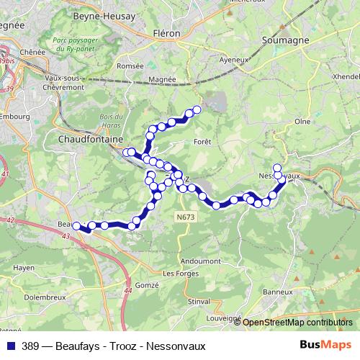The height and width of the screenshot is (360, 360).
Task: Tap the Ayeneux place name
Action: (233, 60)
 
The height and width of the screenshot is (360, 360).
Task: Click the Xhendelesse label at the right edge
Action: (347, 76)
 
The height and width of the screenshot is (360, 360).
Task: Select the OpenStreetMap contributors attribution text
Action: (297, 323)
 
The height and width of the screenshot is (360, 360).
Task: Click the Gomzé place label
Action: (147, 285)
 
